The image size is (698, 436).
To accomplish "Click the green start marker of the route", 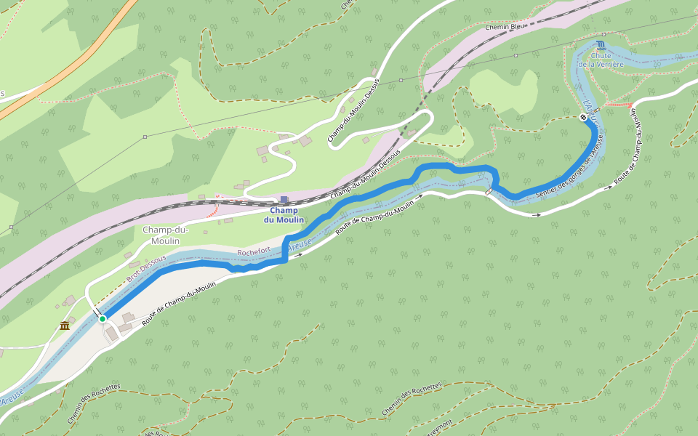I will coord(103,318).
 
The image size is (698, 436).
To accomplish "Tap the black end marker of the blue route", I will coord(584,117).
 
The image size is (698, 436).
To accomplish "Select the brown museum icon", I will coord(65,325).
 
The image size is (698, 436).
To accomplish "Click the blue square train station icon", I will coord(284,200).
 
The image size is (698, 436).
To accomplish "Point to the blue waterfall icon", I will coord(600,44).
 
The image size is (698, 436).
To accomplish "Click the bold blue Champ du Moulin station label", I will coord(284,215).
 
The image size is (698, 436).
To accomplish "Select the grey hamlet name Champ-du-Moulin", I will coord(165,235).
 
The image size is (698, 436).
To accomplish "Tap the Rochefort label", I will coord(254,250).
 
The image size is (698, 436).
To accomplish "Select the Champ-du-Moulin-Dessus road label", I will coord(353,110).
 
